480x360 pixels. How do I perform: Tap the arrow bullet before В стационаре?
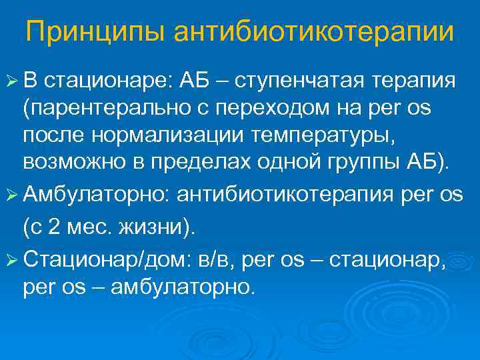click(12, 81)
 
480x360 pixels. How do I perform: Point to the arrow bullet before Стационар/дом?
click(12, 257)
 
